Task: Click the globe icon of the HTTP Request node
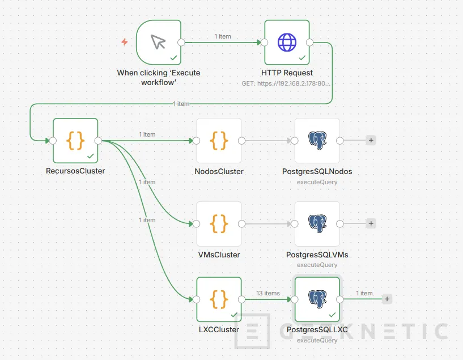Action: click(287, 42)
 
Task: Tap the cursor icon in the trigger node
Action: click(159, 42)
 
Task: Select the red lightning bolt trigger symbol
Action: click(125, 42)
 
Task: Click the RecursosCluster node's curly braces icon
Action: click(75, 140)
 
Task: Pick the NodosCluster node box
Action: click(219, 141)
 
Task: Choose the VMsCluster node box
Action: click(219, 223)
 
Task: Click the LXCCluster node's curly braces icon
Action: click(219, 299)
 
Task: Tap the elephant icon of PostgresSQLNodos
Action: click(317, 140)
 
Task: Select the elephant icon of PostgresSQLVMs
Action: click(317, 223)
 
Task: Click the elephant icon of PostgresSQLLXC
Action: click(317, 299)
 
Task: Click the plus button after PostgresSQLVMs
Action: click(371, 223)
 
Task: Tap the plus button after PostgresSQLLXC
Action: click(387, 299)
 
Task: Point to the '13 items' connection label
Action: click(268, 293)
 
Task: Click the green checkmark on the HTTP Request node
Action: click(302, 57)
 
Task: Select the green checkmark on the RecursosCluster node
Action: click(90, 155)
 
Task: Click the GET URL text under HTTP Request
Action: click(287, 83)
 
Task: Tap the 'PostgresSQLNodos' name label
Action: click(317, 171)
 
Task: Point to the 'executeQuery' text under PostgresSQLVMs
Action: click(317, 265)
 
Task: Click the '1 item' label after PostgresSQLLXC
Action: click(364, 293)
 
